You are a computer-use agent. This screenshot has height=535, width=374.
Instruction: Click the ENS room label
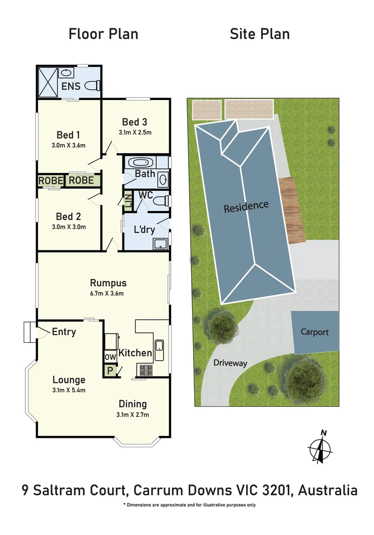click(x=71, y=87)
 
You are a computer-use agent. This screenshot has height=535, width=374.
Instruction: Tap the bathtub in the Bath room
click(x=139, y=162)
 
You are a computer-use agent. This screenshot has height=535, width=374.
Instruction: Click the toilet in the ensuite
click(x=92, y=85)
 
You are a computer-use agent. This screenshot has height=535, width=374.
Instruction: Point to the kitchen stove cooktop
click(x=146, y=369)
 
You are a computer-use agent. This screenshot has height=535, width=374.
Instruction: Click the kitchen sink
click(x=160, y=350)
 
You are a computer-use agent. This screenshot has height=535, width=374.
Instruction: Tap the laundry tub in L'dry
click(x=160, y=243)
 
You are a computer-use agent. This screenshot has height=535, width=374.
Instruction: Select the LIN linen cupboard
click(x=127, y=201)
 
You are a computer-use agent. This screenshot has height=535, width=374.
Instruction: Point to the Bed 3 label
click(x=135, y=122)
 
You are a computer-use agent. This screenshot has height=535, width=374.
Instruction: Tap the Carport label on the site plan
click(x=315, y=332)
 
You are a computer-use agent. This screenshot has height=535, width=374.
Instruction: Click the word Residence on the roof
click(x=246, y=206)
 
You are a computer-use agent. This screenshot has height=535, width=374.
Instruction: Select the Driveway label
click(x=230, y=363)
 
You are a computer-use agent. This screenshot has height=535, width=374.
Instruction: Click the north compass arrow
click(x=322, y=448)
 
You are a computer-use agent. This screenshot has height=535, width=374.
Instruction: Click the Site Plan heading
click(x=260, y=34)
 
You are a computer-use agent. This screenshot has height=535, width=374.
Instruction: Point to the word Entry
click(x=64, y=332)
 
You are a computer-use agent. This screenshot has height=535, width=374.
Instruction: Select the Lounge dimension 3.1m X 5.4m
click(x=69, y=390)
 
